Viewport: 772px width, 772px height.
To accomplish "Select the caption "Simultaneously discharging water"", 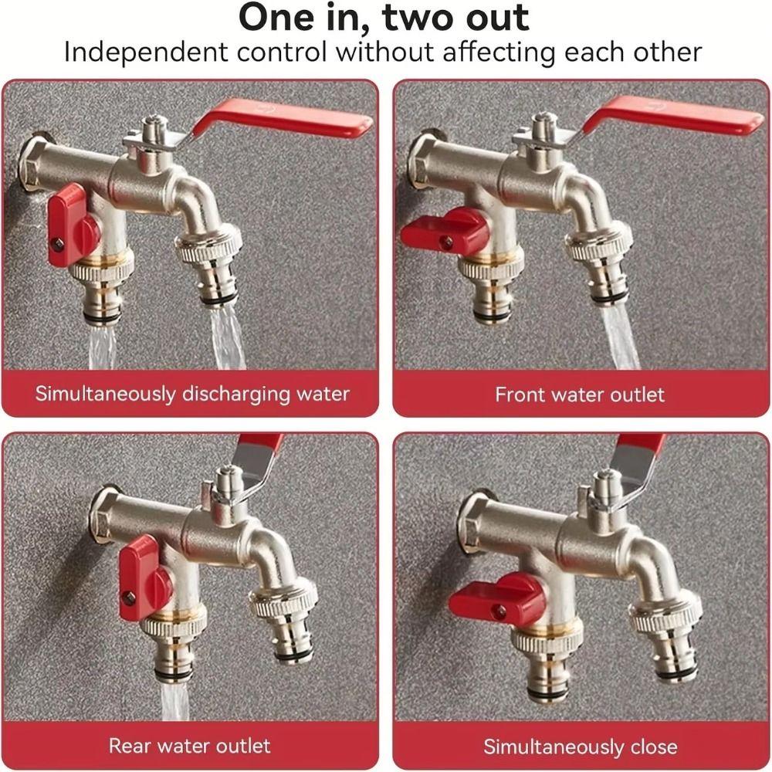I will click(191, 394).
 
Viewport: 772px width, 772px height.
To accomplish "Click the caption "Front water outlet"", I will click(579, 394).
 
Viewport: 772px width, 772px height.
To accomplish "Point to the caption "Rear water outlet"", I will click(190, 745).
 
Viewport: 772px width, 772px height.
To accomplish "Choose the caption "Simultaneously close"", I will click(580, 747).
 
